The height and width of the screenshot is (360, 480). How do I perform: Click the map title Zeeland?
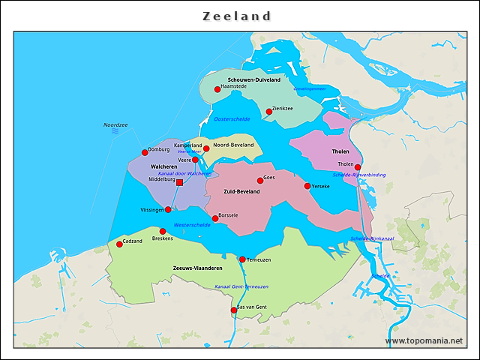[237, 16]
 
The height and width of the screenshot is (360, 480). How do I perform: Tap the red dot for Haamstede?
[217, 89]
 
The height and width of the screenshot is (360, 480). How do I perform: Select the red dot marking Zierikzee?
[268, 112]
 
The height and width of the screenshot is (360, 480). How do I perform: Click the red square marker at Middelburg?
[179, 182]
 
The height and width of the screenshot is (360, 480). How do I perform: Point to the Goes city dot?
[260, 180]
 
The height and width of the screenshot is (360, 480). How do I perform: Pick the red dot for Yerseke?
[307, 186]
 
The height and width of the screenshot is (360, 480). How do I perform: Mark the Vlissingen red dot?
[168, 210]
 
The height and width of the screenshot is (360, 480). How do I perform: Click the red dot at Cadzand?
[119, 244]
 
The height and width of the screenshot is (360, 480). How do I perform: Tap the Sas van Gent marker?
[234, 310]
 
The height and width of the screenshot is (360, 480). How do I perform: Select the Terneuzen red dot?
[242, 259]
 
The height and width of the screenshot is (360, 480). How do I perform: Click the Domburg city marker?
[145, 152]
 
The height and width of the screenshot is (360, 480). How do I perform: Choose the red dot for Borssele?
[215, 219]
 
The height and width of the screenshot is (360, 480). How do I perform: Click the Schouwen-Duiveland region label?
[253, 79]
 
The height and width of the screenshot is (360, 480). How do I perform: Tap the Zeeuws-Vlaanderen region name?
[197, 268]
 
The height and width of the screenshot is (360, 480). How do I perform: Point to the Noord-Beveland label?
[233, 145]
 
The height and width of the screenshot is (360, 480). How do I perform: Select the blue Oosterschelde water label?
[232, 119]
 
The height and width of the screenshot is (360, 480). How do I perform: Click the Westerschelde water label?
[192, 225]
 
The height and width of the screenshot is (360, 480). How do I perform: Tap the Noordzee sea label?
[115, 124]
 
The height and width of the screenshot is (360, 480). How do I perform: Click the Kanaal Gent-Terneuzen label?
[241, 286]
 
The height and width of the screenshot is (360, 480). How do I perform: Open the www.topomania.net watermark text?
[424, 340]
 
